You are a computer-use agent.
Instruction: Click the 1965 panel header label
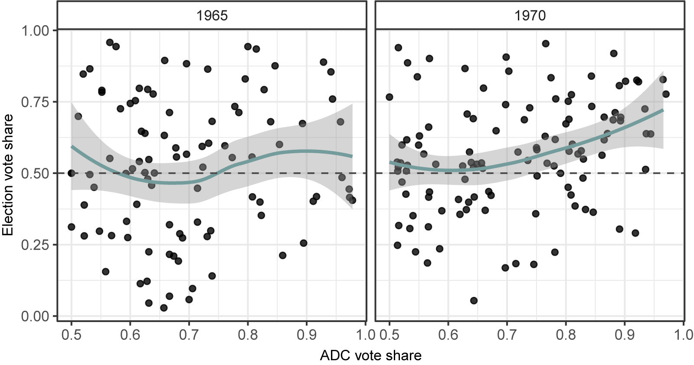[212, 16]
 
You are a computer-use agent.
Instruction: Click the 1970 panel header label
[530, 16]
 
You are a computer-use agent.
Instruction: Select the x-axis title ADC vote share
[370, 356]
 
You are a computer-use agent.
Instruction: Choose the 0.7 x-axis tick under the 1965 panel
[189, 335]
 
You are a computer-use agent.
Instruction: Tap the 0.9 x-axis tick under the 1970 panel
[624, 335]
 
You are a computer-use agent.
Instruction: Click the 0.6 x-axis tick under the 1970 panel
[448, 335]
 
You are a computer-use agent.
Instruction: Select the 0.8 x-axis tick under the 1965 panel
[248, 335]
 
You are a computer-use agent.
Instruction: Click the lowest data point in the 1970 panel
[474, 300]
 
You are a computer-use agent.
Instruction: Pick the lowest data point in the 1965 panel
[164, 308]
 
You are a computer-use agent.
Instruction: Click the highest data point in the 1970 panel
[546, 43]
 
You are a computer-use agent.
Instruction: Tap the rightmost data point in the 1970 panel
[666, 94]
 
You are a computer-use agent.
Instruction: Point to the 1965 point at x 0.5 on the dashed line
[71, 173]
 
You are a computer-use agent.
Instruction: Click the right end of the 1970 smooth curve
[663, 110]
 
